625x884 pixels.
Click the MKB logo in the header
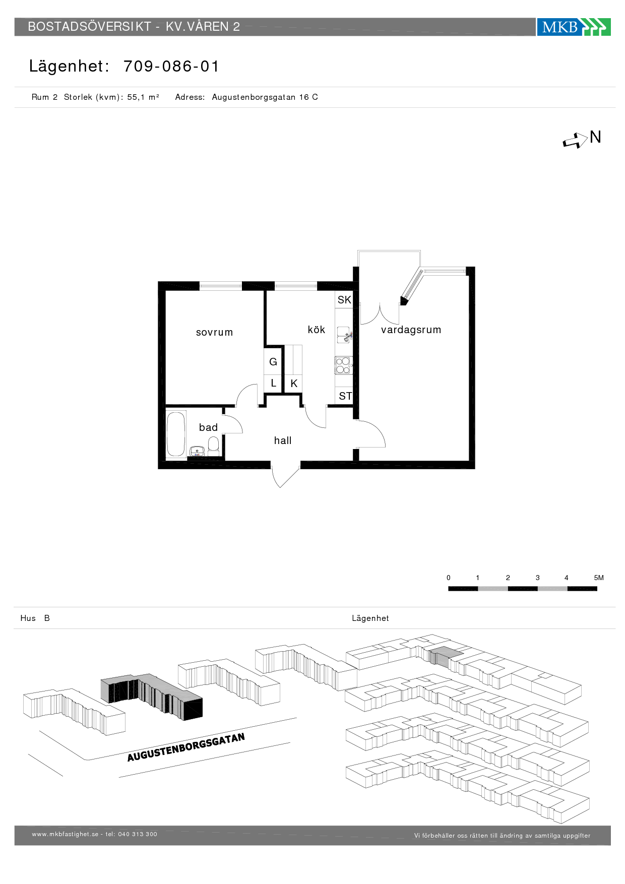coord(574,27)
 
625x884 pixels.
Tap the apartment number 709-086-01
coord(171,67)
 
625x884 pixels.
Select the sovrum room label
coord(215,332)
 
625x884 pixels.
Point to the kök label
coord(317,330)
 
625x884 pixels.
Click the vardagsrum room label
coord(411,330)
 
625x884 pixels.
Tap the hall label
coord(283,440)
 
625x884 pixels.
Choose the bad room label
coord(208,427)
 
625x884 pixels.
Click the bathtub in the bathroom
coord(176,434)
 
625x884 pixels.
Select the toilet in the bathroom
coord(214,446)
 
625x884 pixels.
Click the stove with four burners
coord(343,365)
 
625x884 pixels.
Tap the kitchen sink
coord(344,335)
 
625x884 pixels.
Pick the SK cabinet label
coord(344,300)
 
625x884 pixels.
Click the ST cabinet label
coord(345,396)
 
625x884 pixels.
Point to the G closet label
coord(273,362)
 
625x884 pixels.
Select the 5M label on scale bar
coord(599,578)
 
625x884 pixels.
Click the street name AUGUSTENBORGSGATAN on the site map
coord(186,747)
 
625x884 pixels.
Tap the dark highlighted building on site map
coord(152,697)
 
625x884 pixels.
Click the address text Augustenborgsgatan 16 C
coord(265,97)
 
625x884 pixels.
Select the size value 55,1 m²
coord(143,97)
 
